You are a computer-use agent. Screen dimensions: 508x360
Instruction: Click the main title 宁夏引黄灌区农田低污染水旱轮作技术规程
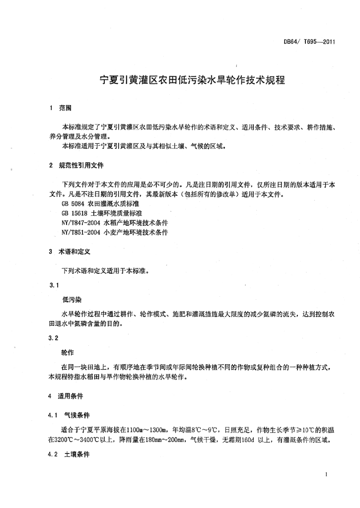click(193, 80)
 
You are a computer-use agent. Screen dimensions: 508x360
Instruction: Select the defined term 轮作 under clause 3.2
click(68, 352)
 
